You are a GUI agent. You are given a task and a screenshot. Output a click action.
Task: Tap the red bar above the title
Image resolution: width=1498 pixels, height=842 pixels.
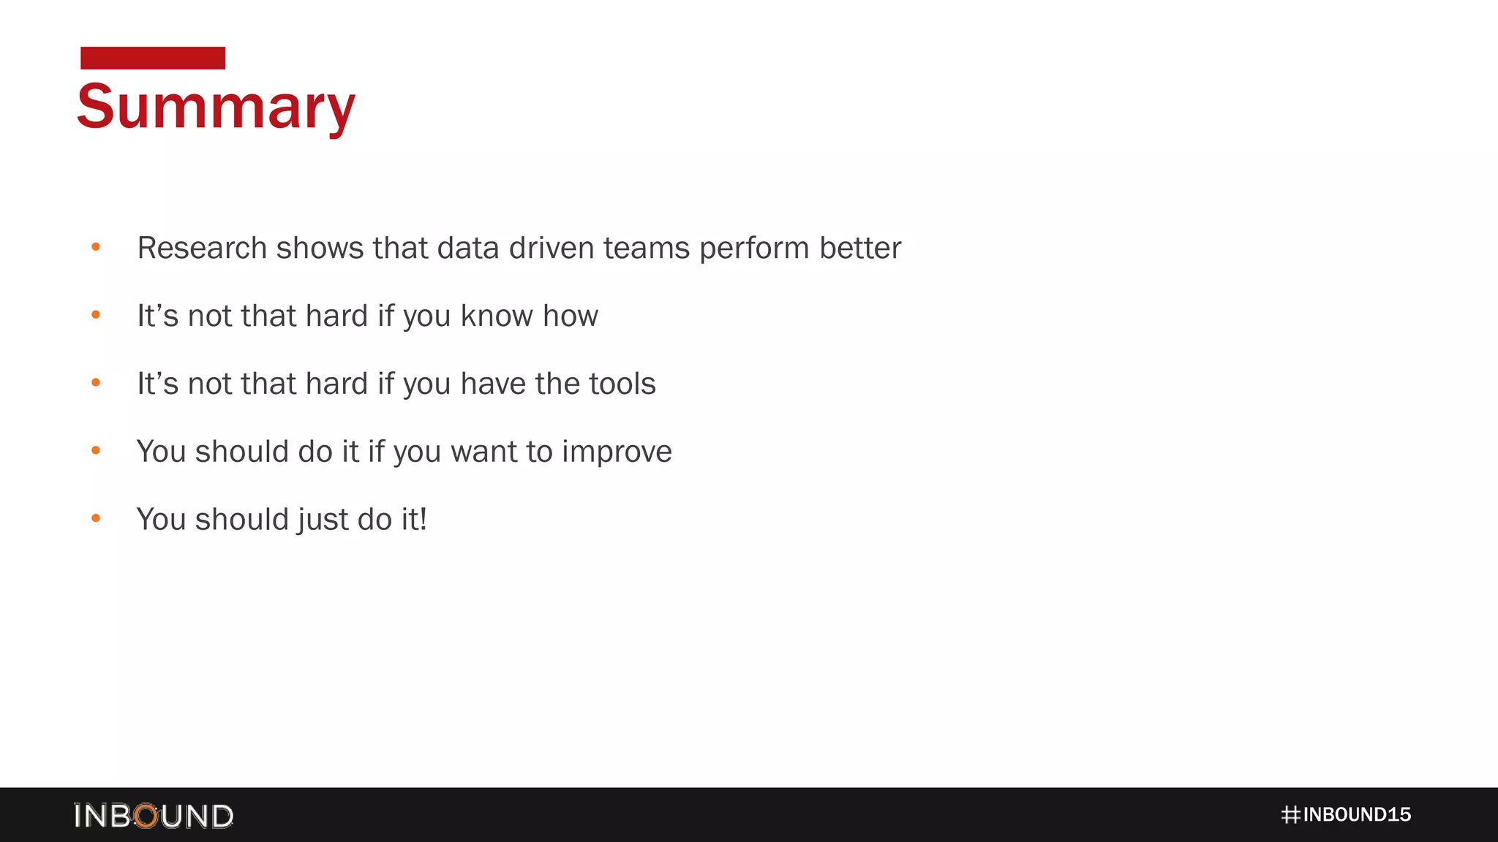tap(153, 58)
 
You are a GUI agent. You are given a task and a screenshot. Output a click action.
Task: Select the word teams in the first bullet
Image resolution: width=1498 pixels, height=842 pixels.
tap(647, 248)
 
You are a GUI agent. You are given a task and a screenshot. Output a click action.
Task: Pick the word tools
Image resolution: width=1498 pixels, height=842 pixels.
tap(622, 384)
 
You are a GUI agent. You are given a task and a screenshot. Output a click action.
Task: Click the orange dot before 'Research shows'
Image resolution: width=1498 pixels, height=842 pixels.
tap(96, 247)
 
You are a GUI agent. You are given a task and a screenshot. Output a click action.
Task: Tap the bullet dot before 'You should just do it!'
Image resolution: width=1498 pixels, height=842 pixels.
tap(96, 519)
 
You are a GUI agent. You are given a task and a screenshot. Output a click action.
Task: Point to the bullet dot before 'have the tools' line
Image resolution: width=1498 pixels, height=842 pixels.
tap(96, 383)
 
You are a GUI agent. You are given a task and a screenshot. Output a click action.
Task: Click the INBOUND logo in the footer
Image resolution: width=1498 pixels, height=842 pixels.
tap(154, 816)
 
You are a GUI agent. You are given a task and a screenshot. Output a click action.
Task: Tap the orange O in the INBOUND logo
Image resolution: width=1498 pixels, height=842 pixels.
tap(146, 816)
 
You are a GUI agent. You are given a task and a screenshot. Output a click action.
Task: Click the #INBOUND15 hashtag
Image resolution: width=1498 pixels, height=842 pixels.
tap(1346, 815)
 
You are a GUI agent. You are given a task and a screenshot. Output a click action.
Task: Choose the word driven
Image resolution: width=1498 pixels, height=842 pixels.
tap(552, 248)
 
